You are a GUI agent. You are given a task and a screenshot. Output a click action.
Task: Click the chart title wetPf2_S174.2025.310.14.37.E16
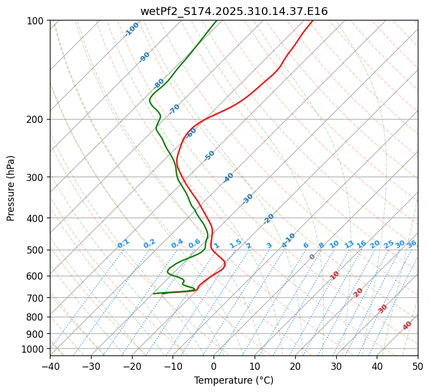[234, 11]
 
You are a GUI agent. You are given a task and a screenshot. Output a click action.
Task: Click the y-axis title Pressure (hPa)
[11, 188]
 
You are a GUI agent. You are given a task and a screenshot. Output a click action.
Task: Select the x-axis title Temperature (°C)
[234, 381]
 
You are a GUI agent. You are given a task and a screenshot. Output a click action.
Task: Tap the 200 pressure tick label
[37, 120]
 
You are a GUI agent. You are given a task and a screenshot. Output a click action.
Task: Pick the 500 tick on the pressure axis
[37, 250]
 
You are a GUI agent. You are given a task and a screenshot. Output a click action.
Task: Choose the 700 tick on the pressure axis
[37, 298]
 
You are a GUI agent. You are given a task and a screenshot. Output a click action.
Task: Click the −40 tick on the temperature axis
[50, 366]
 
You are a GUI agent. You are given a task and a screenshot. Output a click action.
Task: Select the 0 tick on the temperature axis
[214, 366]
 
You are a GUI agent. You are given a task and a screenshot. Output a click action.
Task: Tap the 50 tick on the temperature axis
[418, 366]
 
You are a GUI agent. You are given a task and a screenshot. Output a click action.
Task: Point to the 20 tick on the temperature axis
[295, 366]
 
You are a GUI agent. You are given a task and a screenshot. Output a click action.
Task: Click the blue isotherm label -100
[132, 29]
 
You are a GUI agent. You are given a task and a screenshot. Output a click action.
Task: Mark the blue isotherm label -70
[174, 109]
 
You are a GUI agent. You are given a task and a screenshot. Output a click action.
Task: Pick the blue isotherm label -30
[247, 199]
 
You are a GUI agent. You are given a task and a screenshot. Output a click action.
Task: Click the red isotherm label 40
[407, 326]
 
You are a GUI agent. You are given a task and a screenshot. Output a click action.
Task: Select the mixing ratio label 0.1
[123, 243]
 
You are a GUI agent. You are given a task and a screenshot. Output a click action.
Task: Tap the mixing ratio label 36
[412, 244]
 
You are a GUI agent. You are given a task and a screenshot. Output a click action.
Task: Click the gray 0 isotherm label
[312, 257]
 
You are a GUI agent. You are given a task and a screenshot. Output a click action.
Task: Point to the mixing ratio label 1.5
[235, 243]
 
